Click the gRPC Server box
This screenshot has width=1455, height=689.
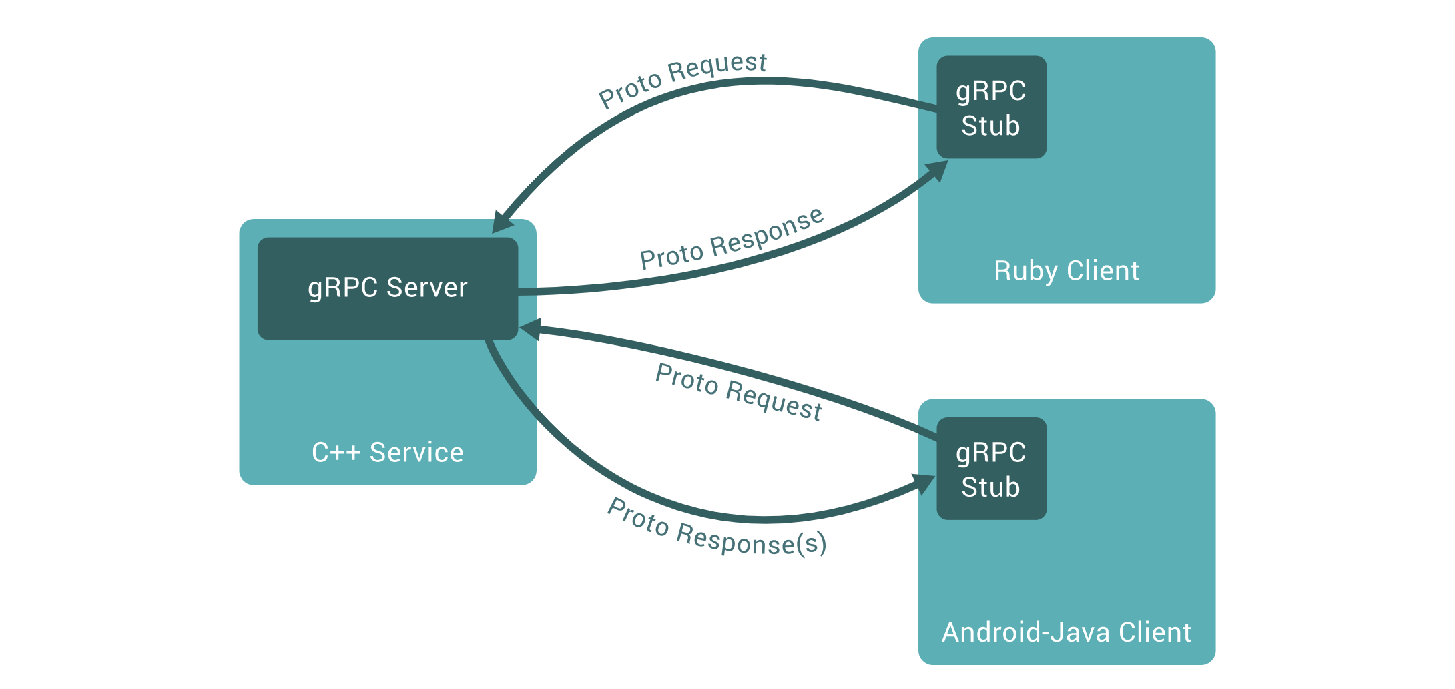[x=388, y=288]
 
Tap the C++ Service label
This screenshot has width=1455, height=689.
[x=388, y=453]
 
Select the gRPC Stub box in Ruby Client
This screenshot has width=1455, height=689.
[x=991, y=107]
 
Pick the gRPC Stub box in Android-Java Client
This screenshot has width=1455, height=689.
[x=991, y=469]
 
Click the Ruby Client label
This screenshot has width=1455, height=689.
[x=1067, y=271]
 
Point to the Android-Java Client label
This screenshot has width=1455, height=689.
[x=1067, y=632]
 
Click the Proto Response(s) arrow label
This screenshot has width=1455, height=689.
[x=717, y=527]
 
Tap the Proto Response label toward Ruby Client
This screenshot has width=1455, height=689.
[x=732, y=238]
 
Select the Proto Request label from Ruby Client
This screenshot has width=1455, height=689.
[x=683, y=80]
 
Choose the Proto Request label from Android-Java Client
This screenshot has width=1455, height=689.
[x=739, y=392]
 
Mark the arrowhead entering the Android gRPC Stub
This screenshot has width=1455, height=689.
[x=925, y=484]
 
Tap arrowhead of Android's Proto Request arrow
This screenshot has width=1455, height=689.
[x=529, y=329]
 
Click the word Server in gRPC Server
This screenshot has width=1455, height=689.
[x=427, y=288]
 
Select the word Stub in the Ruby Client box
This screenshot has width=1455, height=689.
[x=990, y=126]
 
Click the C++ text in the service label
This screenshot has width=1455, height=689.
[x=336, y=453]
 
